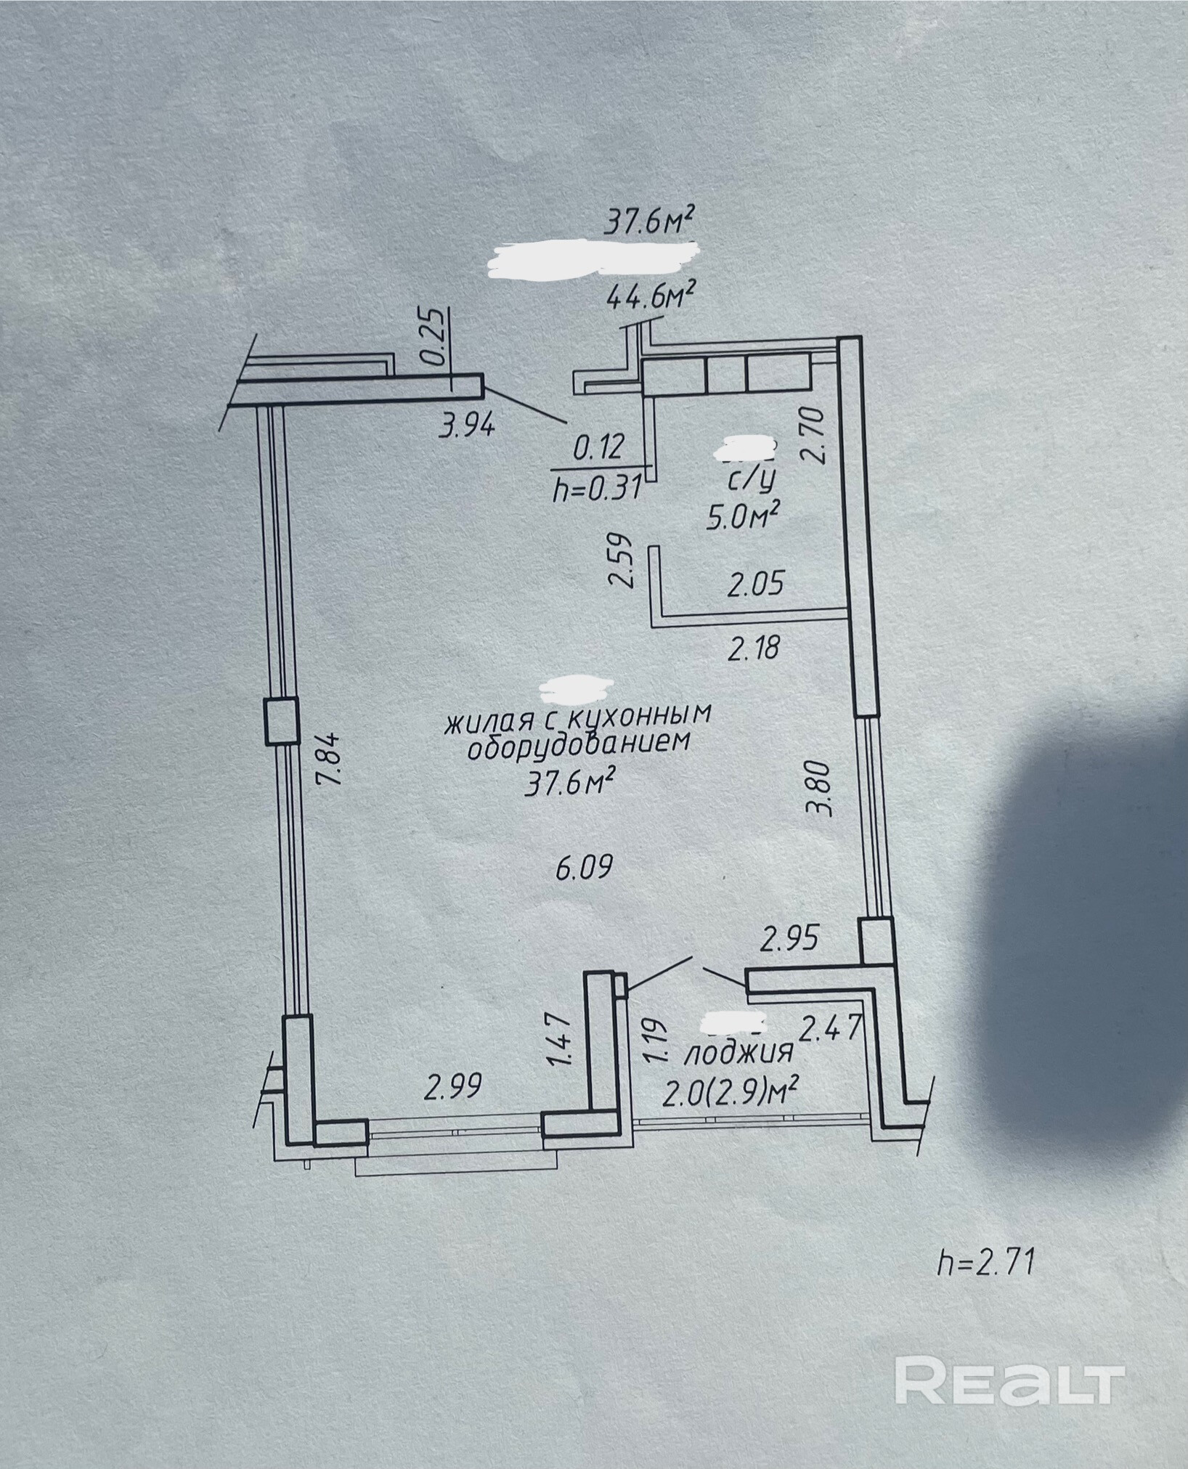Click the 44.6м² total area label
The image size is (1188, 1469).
[x=651, y=297]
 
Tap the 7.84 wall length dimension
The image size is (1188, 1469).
[x=328, y=757]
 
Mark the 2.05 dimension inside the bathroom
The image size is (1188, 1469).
[x=755, y=583]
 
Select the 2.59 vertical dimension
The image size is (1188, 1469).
[x=622, y=561]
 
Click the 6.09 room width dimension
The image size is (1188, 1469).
[x=585, y=866]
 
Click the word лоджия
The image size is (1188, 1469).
[x=738, y=1053]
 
